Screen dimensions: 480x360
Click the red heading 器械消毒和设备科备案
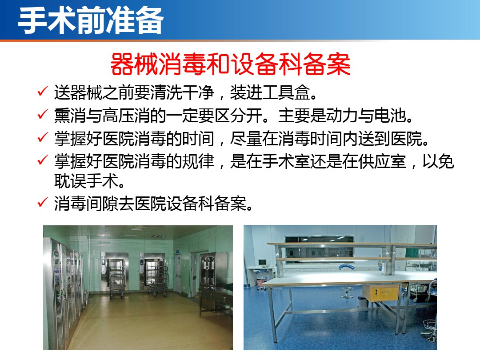click(x=230, y=64)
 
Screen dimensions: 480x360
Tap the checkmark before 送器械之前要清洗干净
click(x=43, y=91)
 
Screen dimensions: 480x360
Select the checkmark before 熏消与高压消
click(x=43, y=114)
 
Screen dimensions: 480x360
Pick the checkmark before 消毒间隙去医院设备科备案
click(x=43, y=202)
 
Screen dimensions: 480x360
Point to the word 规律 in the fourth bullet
click(x=198, y=161)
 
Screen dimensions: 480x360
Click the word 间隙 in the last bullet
click(x=102, y=204)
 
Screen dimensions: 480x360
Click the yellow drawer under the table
click(x=384, y=292)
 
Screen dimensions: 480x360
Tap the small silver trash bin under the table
click(x=363, y=301)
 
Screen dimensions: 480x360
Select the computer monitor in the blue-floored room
click(x=262, y=262)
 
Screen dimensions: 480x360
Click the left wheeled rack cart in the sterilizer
click(x=116, y=279)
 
